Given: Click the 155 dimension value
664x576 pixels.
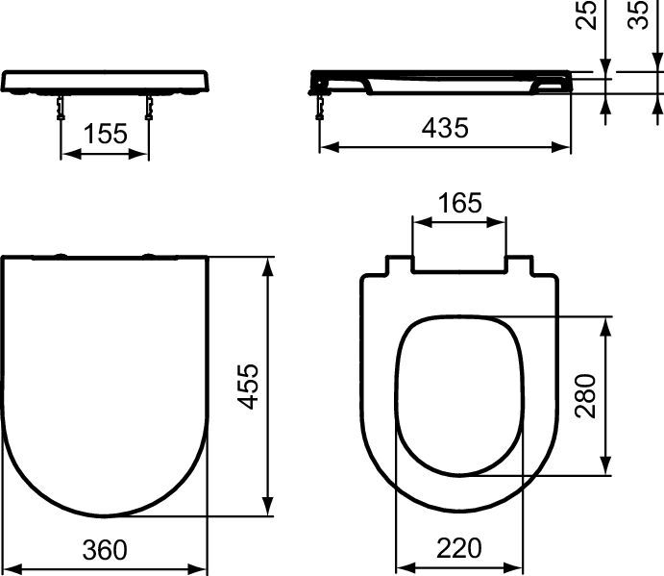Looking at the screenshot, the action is coord(106,134).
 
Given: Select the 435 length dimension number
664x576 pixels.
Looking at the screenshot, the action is coord(445,128).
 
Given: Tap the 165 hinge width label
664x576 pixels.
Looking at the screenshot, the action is coord(459,203).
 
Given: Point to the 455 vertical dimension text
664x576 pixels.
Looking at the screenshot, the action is coord(248,387).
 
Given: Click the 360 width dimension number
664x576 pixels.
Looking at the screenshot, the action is coord(105,550).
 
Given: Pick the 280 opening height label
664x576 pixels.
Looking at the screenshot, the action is coord(585,396).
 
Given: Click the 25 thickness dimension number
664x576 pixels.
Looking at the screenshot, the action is coord(586,14).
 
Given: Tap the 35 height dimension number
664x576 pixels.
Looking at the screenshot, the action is coord(637,14).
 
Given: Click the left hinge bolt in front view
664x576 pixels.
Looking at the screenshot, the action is coord(61,108).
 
